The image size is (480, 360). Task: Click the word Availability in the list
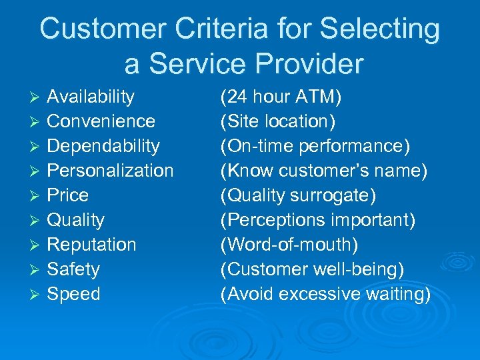pos(91,97)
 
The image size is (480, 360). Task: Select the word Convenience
pos(101,121)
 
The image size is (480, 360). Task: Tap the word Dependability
pos(103,146)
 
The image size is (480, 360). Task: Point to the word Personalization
pos(110,171)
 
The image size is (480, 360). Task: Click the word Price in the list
pos(67,195)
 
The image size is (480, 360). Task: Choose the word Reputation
pos(91,245)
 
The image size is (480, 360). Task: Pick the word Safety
pos(73,269)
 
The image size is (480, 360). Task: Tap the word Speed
pos(73,294)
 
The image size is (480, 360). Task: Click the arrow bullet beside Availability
pos(38,97)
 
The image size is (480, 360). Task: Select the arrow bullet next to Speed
pos(38,295)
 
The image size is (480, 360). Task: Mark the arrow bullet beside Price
pos(38,196)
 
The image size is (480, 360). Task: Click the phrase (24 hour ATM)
pos(281,97)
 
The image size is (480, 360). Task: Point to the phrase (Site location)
pos(278,121)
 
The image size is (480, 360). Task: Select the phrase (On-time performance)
pos(315,146)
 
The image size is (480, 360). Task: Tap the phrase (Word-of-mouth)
pos(289,245)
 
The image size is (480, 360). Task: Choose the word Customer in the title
pos(101,29)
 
